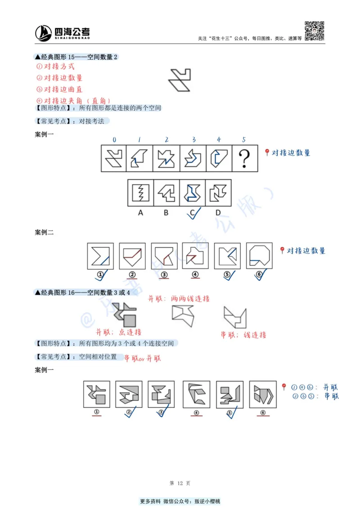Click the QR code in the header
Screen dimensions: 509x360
(x=315, y=31)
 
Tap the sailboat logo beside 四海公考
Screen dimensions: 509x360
(x=44, y=33)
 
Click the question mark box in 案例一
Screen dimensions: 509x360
(x=245, y=158)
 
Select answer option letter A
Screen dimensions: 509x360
(x=140, y=213)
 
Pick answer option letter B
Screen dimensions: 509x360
(x=166, y=213)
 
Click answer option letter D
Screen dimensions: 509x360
(x=218, y=213)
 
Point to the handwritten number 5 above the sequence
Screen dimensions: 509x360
(x=244, y=140)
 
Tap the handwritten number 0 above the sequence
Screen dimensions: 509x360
(x=114, y=140)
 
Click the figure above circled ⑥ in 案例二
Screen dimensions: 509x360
(x=260, y=256)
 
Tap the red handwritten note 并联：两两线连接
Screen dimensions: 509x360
(x=179, y=298)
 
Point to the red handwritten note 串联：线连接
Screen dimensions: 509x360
(x=243, y=335)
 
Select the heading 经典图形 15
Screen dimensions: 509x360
(x=76, y=57)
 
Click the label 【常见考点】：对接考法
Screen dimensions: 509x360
(x=72, y=121)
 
